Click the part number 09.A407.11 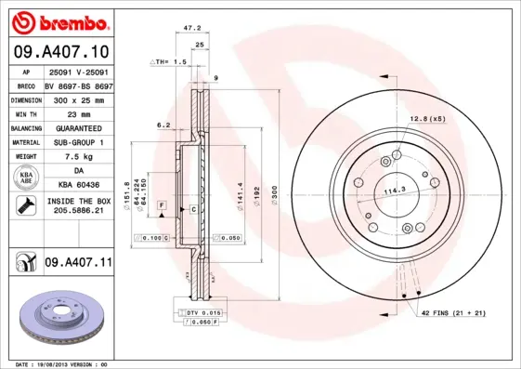78,263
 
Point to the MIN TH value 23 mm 78,112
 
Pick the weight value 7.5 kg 78,157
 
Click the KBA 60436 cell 78,186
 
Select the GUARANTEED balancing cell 78,127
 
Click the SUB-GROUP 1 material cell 78,142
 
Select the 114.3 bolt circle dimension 397,191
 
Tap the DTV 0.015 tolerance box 201,312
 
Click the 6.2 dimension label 163,124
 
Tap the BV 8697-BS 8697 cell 78,83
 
